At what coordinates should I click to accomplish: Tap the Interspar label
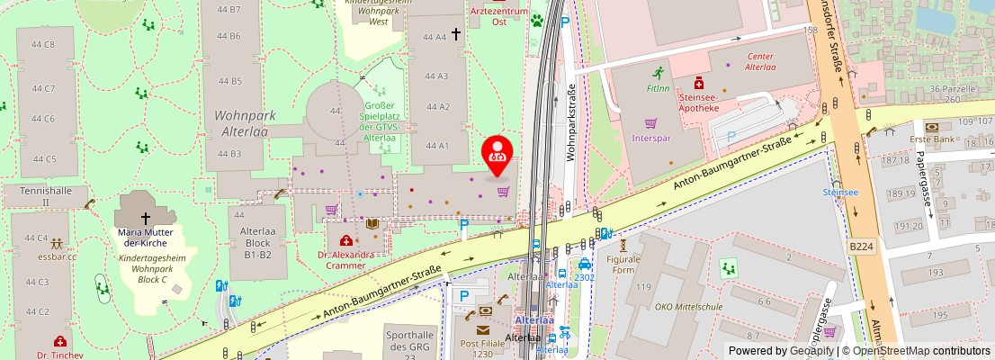coord(651,139)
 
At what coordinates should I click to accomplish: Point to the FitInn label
coord(658,88)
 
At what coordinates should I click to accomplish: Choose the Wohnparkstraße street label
coord(570,122)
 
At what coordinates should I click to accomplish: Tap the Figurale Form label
coord(623,264)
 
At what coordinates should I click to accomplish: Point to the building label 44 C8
coord(43,43)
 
